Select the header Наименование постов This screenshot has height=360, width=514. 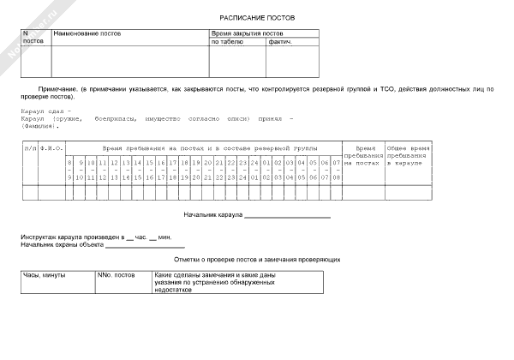coord(87,33)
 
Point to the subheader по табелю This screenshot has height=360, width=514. coord(227,41)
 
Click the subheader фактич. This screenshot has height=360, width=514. coord(280,41)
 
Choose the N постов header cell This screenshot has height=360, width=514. coord(33,37)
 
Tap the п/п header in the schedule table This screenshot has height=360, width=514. coord(30,148)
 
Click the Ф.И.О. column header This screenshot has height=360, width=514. coord(51,148)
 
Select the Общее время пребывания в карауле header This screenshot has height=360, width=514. coord(406,155)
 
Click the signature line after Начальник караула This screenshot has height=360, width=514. coord(288,218)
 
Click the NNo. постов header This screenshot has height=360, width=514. coord(117,276)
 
